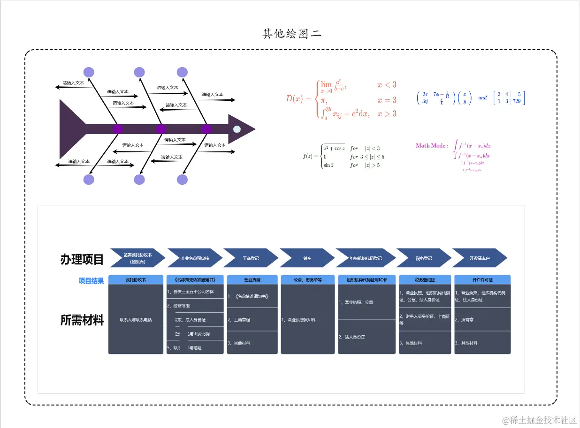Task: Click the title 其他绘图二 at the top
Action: pos(291,34)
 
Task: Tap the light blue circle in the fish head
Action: pos(237,129)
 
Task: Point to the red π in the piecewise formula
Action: pos(324,100)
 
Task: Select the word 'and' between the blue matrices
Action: pos(482,98)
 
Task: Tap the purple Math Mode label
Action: pos(431,146)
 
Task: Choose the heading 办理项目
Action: pos(82,259)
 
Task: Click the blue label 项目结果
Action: pos(91,281)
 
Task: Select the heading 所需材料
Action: pos(82,320)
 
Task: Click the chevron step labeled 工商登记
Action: pos(250,258)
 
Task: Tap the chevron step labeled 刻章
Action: pos(306,258)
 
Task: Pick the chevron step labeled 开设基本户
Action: pos(479,258)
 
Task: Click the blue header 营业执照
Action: pos(252,280)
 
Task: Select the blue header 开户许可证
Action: pos(482,280)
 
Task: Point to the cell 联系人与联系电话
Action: pos(136,320)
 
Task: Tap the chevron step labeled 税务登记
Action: pos(423,258)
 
